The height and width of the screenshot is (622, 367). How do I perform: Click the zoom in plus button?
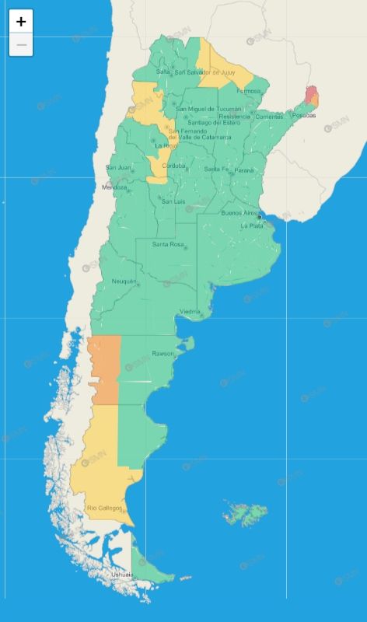point(21,22)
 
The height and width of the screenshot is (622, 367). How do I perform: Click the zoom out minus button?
point(21,45)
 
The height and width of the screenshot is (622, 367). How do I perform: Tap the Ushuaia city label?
point(121,575)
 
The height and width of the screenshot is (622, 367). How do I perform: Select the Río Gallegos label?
point(104,508)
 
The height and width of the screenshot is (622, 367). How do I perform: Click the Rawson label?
point(163,354)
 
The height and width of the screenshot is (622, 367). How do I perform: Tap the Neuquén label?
point(124,281)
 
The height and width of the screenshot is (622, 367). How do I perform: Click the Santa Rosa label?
point(168,245)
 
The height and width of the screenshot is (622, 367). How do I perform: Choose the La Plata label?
point(252,225)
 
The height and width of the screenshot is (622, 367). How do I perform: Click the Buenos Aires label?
point(239,212)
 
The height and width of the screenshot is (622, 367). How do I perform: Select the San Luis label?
point(173,202)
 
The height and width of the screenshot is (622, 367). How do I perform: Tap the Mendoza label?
point(114,187)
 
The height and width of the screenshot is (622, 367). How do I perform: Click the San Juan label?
point(119,167)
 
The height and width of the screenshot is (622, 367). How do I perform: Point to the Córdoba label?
point(173,166)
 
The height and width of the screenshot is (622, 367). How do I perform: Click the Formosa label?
point(249,91)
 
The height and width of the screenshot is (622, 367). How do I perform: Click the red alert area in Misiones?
point(310,94)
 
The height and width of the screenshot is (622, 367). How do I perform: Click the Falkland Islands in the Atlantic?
point(247,513)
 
